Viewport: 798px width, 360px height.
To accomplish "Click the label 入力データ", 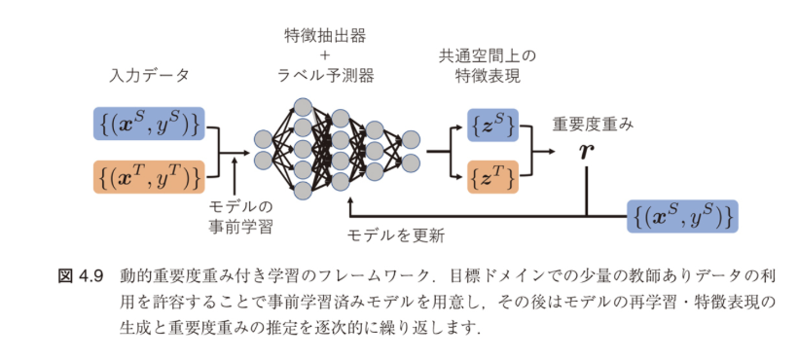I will pos(149,75).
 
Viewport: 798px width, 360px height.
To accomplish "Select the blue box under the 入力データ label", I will pos(149,124).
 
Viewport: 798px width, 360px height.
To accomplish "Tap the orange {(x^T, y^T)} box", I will pos(149,177).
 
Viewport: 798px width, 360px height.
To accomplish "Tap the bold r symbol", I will pos(585,152).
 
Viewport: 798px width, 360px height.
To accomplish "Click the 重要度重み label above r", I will pos(594,125).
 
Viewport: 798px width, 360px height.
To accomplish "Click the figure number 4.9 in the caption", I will pos(91,275).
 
